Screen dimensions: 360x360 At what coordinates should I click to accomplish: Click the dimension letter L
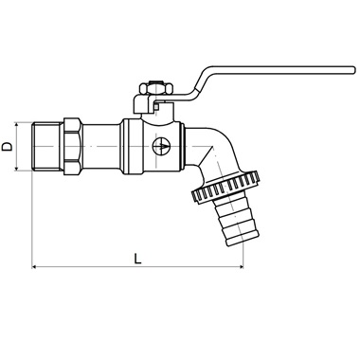click(x=137, y=259)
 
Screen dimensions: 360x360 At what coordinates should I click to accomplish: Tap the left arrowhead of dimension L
click(x=34, y=267)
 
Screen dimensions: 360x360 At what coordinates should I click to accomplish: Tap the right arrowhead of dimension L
click(x=241, y=267)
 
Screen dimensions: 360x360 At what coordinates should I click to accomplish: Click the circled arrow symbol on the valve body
click(x=161, y=146)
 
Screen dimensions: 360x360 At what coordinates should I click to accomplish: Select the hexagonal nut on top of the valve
click(x=156, y=88)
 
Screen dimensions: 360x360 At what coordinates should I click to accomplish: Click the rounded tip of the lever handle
click(x=352, y=70)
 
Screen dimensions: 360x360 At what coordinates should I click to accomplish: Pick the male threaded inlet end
click(x=48, y=147)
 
